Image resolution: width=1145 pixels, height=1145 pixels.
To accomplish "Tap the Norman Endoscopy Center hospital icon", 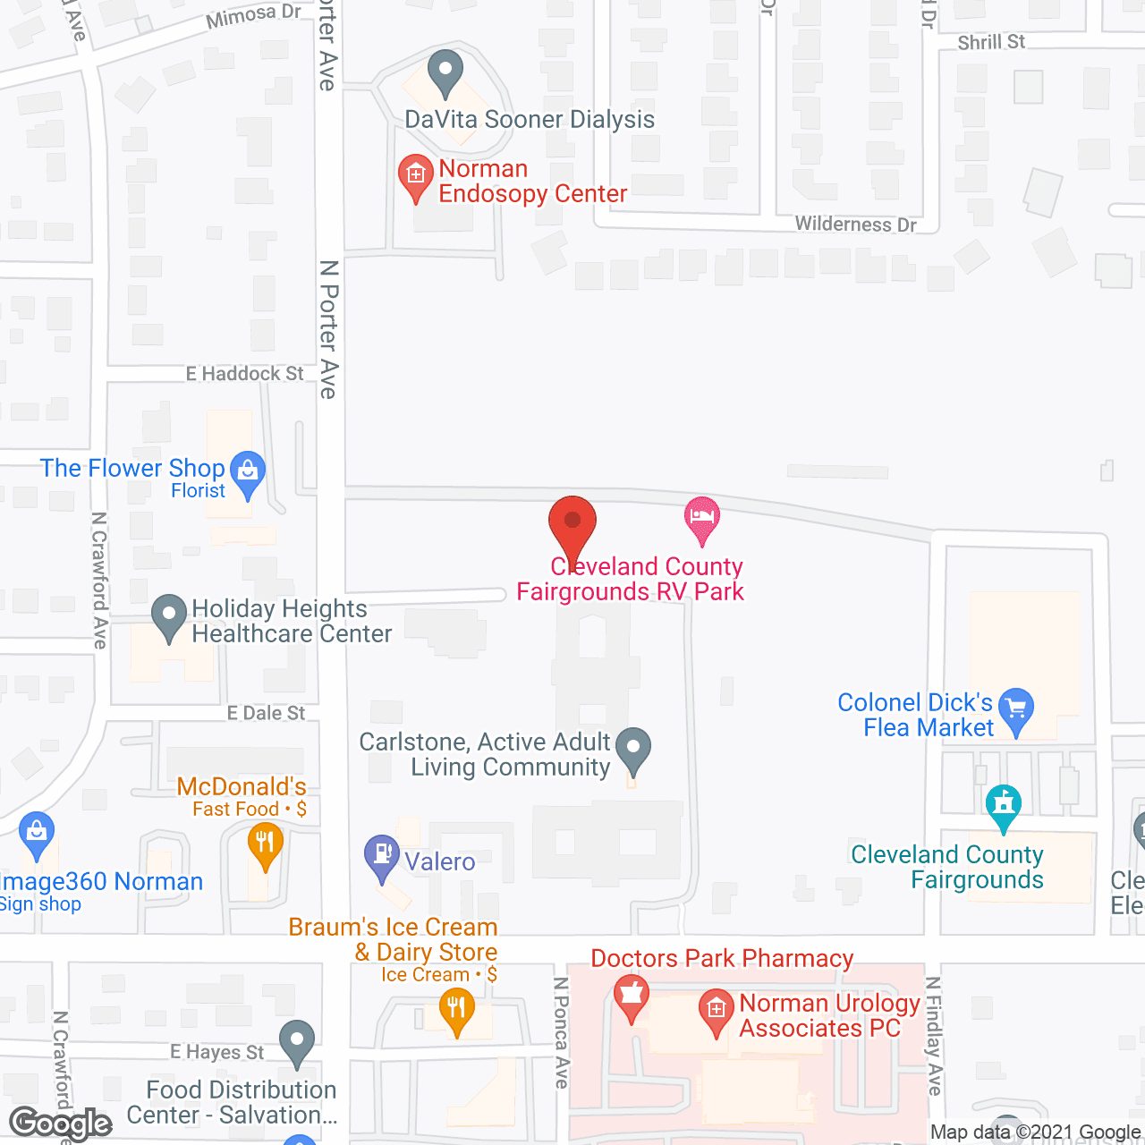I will [x=416, y=175].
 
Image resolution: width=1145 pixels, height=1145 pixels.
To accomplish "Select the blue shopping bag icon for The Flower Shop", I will [x=248, y=471].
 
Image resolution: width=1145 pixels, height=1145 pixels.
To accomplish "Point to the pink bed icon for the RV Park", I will [x=702, y=518].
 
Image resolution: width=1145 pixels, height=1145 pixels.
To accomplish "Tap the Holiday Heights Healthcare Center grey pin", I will [x=169, y=616].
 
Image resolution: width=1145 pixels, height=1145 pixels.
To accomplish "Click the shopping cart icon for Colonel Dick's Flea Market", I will [x=1016, y=709].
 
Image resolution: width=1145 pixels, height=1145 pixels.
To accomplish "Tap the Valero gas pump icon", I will [x=382, y=856].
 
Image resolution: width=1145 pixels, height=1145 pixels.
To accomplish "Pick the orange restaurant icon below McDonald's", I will [x=265, y=844].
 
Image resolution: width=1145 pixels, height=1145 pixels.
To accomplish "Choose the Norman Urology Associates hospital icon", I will [x=716, y=1011].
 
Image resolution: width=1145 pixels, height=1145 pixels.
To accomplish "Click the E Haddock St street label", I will [x=244, y=374].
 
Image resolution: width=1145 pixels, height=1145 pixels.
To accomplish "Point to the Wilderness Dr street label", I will [x=855, y=224].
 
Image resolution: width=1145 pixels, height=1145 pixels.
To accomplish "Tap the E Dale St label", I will [x=266, y=713].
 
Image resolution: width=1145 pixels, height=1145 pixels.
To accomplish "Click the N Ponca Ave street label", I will [x=562, y=1032].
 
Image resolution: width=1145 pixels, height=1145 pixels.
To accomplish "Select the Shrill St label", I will [x=991, y=42].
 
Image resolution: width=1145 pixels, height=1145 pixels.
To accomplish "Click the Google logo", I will [x=61, y=1124].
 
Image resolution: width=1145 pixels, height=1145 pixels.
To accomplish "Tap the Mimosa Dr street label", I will [x=253, y=15].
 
